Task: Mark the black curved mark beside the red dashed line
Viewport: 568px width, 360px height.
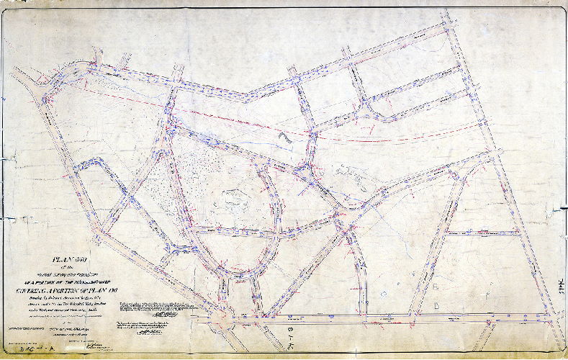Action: coord(285,135)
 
